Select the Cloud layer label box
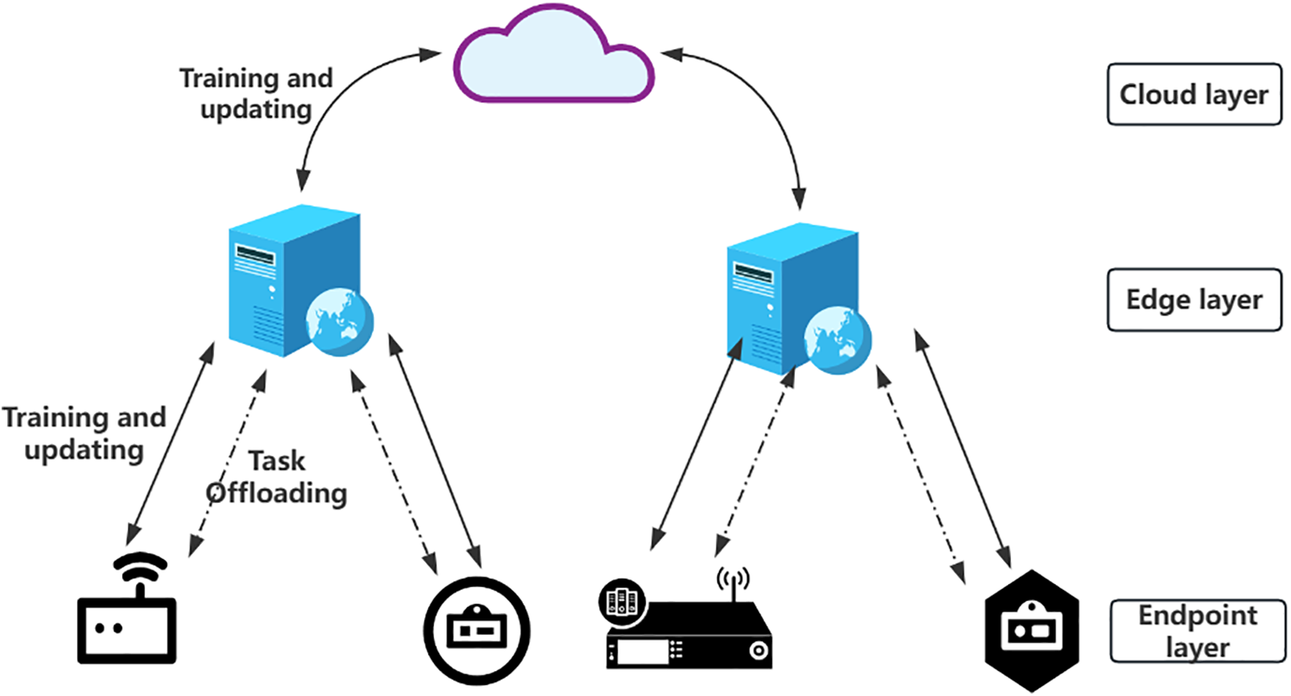coord(1194,95)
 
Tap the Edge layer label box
coord(1194,300)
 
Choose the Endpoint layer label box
coord(1197,632)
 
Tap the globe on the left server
coord(340,323)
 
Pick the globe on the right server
coord(837,340)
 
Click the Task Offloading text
coord(277,477)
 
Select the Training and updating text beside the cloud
coord(256,93)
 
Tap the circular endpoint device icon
coord(477,631)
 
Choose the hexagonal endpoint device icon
coord(1032,631)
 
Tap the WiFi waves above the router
coord(140,565)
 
